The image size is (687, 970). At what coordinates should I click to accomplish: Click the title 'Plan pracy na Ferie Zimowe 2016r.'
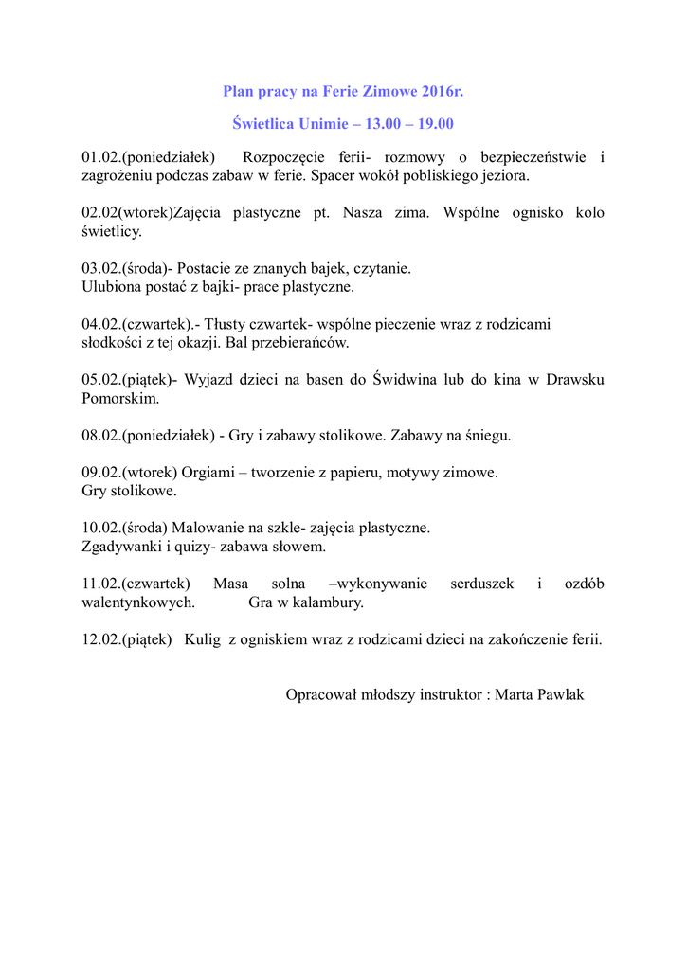click(x=343, y=92)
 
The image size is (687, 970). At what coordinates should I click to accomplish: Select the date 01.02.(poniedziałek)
click(x=149, y=156)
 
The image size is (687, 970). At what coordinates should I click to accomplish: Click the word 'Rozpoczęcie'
click(x=284, y=156)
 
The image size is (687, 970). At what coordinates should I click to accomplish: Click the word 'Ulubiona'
click(x=111, y=286)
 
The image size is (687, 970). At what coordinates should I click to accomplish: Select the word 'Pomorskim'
click(x=120, y=399)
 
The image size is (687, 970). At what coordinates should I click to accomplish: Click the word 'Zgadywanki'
click(x=121, y=547)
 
